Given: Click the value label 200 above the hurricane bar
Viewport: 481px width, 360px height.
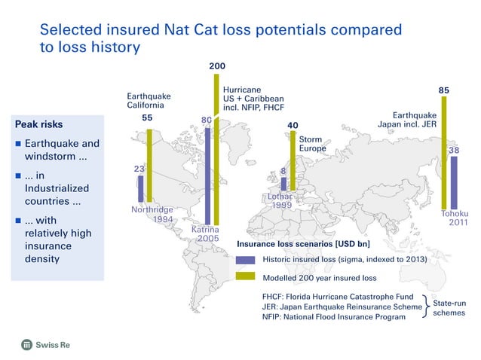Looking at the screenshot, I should pos(216,67).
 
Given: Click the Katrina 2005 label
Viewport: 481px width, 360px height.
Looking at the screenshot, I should pos(204,233).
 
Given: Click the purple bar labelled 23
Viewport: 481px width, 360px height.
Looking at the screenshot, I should pos(141,189).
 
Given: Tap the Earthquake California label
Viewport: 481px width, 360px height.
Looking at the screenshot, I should pos(148,101).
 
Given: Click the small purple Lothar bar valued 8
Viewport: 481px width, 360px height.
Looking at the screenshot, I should pos(283,183).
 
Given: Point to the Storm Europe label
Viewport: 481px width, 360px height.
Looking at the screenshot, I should pos(312,145).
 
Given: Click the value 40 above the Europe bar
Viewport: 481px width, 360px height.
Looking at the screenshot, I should pos(293,125).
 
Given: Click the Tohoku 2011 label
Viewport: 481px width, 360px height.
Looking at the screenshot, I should pos(455,219).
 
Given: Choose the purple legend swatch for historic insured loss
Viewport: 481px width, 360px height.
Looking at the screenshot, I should pos(246,260).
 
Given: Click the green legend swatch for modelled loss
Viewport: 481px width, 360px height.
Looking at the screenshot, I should pos(246,277).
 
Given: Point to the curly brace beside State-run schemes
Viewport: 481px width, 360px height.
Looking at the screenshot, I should pos(427,307).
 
